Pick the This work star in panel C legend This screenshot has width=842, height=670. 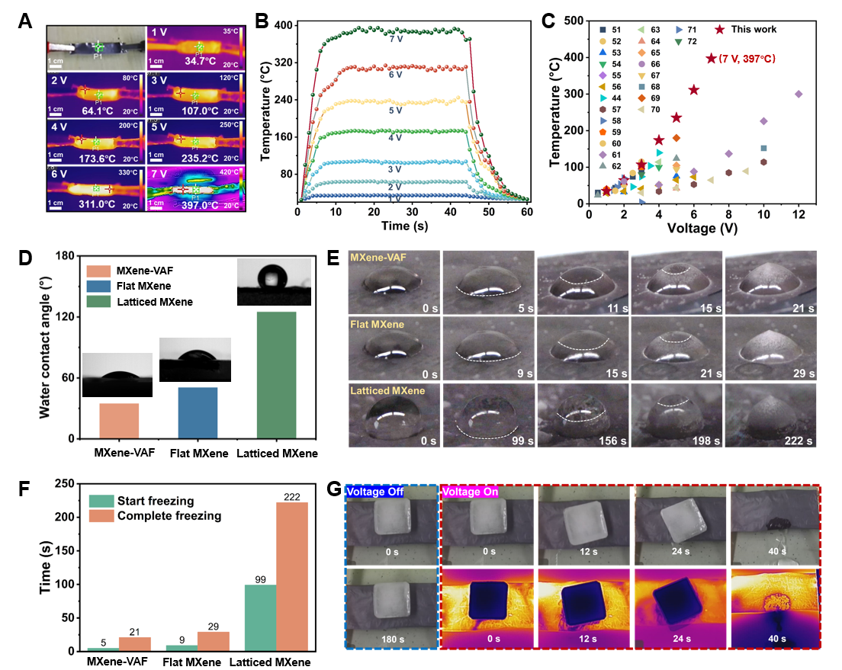coord(719,30)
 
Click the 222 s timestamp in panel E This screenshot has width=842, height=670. coord(792,441)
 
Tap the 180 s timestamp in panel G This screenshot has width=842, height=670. coord(392,636)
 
